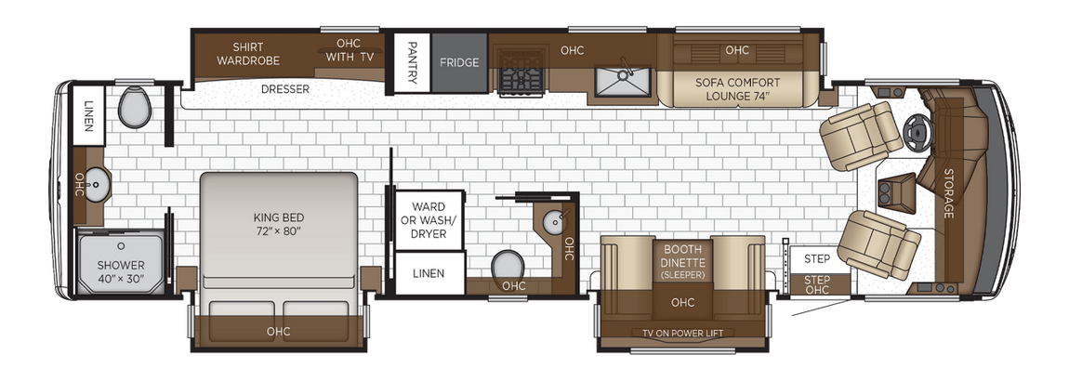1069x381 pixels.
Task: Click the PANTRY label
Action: [412, 63]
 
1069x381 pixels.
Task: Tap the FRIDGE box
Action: [459, 63]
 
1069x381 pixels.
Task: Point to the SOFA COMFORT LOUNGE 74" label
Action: [738, 88]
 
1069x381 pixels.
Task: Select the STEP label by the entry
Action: [817, 258]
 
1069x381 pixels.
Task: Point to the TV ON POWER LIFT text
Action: [682, 333]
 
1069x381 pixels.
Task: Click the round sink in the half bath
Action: [554, 221]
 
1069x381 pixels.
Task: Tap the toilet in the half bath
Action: [507, 265]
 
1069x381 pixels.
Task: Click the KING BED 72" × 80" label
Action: [279, 224]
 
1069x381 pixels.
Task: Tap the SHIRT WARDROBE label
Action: [248, 53]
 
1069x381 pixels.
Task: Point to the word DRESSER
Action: [284, 89]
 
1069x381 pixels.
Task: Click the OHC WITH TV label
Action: [350, 49]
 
